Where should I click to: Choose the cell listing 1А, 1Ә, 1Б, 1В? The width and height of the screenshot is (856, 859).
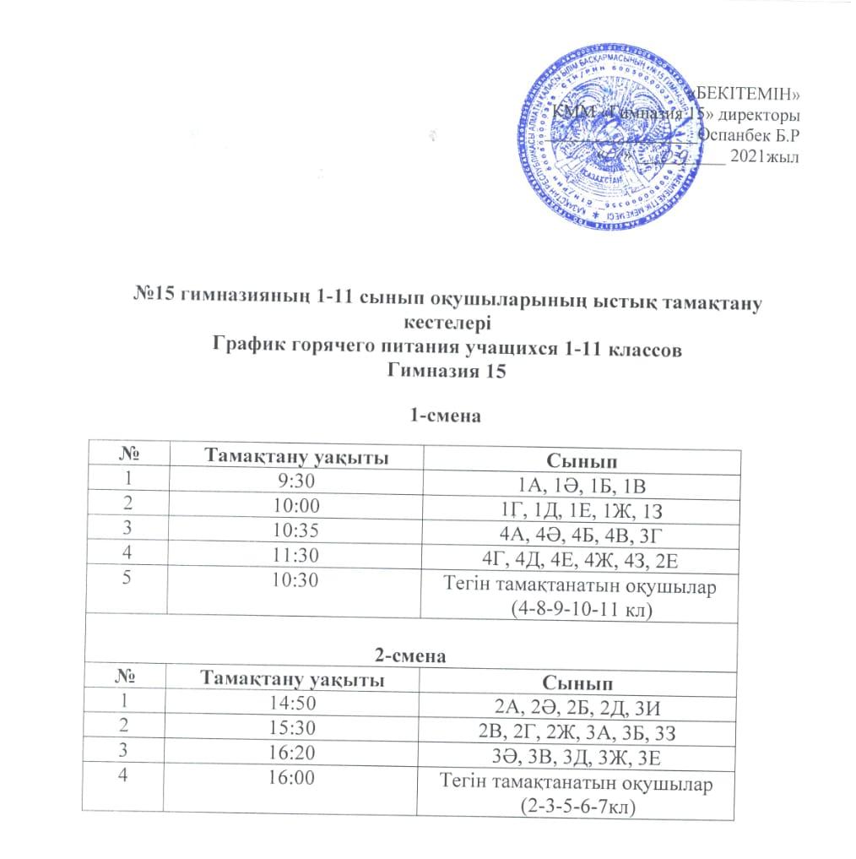tap(582, 485)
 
